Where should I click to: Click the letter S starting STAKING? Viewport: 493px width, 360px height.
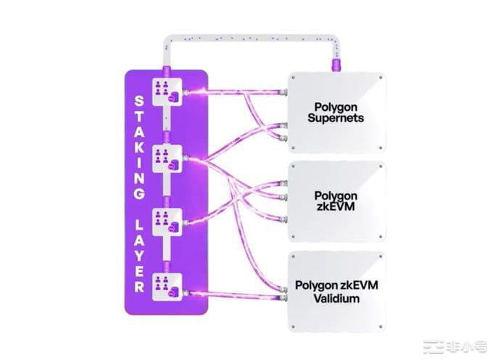[x=141, y=101]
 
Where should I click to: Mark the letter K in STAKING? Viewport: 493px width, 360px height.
[x=141, y=148]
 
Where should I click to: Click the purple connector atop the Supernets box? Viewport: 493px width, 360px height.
[x=336, y=66]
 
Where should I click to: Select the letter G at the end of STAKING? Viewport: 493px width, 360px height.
[x=141, y=194]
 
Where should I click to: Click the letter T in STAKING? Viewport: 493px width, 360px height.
[x=141, y=116]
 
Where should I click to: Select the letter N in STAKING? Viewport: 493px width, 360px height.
[x=141, y=178]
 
